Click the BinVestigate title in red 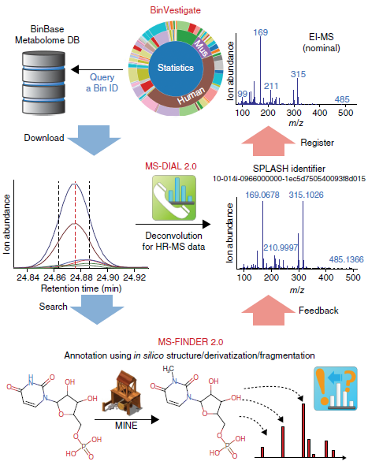pos(175,10)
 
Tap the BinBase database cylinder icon pos(44,83)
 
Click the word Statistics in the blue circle pos(176,68)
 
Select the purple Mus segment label pos(201,48)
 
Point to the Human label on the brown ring pos(191,95)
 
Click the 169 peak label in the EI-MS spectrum pos(260,32)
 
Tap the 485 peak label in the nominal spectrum pos(342,99)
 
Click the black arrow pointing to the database pos(97,69)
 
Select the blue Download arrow pos(94,140)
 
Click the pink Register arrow pos(269,141)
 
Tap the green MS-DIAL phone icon pos(174,198)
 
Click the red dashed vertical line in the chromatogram pos(76,225)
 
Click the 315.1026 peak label pos(306,195)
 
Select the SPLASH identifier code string pos(289,179)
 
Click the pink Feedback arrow pos(269,311)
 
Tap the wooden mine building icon pos(122,392)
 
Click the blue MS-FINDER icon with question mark pos(336,389)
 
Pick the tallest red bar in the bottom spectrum pos(303,430)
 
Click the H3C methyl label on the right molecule pos(168,369)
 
